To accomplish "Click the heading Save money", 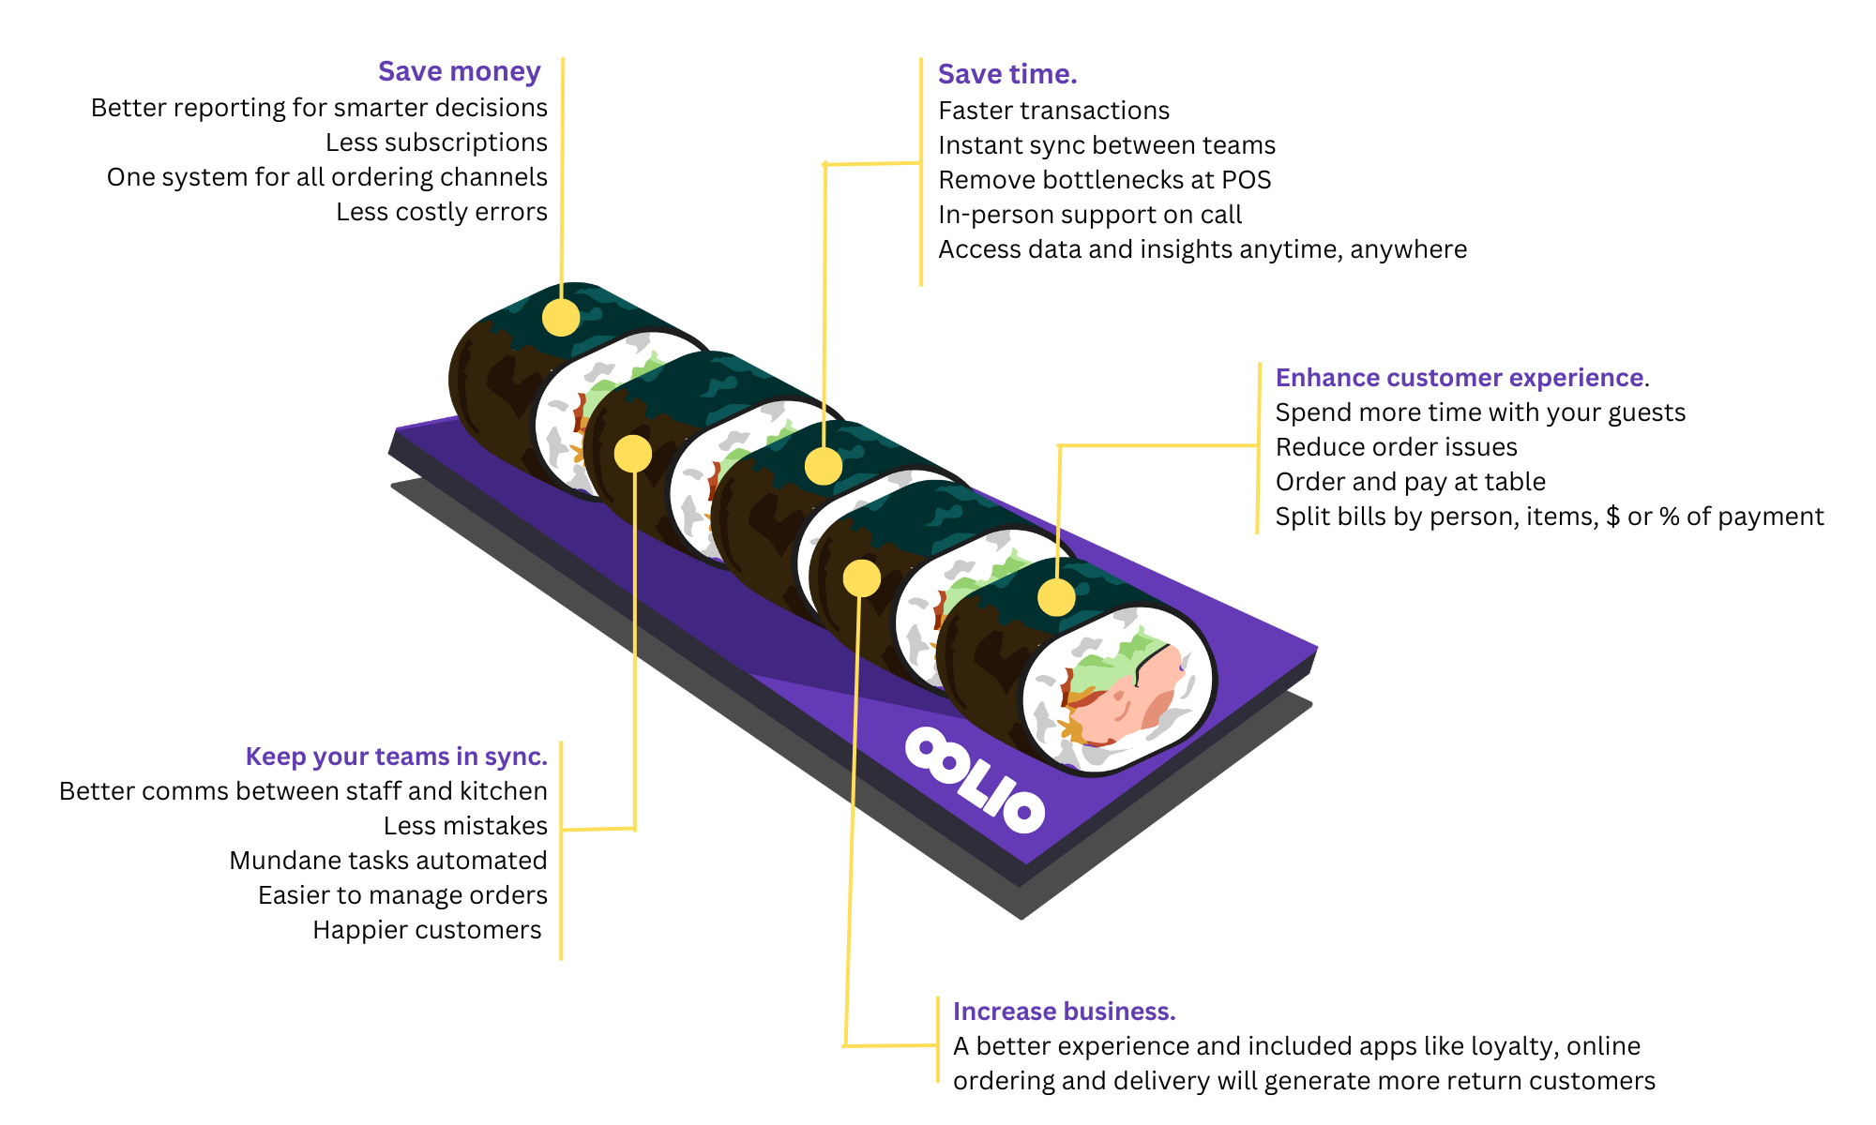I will (x=459, y=72).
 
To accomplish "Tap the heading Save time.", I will (x=1006, y=74).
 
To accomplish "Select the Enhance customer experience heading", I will (x=1459, y=378).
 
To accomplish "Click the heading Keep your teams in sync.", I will (x=396, y=757).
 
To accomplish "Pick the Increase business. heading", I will (x=1064, y=1012).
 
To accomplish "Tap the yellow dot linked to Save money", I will (x=561, y=318).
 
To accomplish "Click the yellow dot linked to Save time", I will (x=823, y=466).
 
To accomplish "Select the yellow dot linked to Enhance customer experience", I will (x=1056, y=597).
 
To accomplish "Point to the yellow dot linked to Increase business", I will (x=861, y=578).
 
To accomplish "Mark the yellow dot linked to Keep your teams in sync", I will (x=632, y=454).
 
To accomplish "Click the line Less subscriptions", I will (x=436, y=142).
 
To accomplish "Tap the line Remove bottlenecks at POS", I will (x=1104, y=180).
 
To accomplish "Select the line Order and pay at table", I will (x=1410, y=482).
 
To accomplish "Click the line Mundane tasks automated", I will (x=387, y=861).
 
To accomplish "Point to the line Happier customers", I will (x=427, y=930).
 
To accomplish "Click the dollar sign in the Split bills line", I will (x=1612, y=517).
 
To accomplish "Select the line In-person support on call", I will (x=1089, y=215).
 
